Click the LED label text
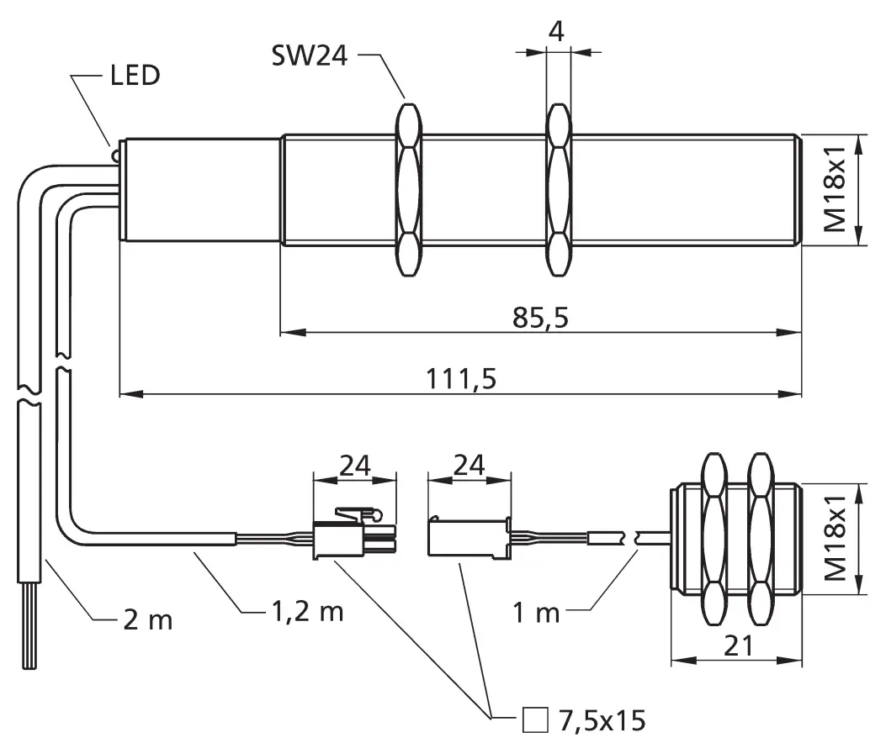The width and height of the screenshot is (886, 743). [135, 76]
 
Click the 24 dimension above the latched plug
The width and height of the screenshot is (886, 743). [354, 464]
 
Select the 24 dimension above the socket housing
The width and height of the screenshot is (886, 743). [470, 464]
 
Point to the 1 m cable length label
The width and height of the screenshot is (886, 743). [536, 612]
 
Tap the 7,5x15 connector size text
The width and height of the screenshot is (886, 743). [601, 719]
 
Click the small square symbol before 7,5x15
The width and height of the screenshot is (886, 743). [534, 719]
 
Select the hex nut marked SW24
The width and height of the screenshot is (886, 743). [408, 191]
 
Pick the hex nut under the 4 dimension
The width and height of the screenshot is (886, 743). [559, 191]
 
